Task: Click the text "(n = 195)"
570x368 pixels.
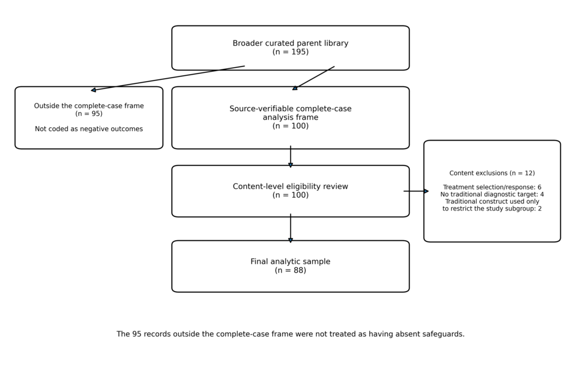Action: (290, 51)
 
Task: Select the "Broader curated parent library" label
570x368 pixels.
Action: (290, 43)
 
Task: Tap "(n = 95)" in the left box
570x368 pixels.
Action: (88, 113)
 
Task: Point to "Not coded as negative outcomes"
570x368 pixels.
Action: (88, 129)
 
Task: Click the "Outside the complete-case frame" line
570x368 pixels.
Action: (88, 106)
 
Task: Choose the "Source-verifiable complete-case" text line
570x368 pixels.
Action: (290, 108)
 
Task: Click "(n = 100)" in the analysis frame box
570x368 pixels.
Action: (290, 126)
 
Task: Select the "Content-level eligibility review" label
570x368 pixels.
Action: (290, 186)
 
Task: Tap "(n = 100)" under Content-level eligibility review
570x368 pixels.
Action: (290, 195)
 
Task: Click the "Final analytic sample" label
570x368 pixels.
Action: (290, 262)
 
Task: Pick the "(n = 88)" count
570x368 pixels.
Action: (290, 270)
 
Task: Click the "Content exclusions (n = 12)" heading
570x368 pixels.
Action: (492, 173)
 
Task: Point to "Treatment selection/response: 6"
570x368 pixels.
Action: (492, 187)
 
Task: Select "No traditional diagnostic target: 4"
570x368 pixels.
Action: (492, 194)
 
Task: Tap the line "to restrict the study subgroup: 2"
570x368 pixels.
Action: (492, 208)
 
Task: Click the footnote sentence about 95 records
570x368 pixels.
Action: (290, 334)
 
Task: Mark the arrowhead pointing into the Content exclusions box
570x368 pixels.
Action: (427, 191)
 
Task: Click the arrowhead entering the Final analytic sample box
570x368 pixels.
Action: (290, 240)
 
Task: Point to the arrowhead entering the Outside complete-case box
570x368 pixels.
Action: (94, 90)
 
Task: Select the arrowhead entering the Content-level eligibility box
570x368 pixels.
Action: (290, 165)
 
